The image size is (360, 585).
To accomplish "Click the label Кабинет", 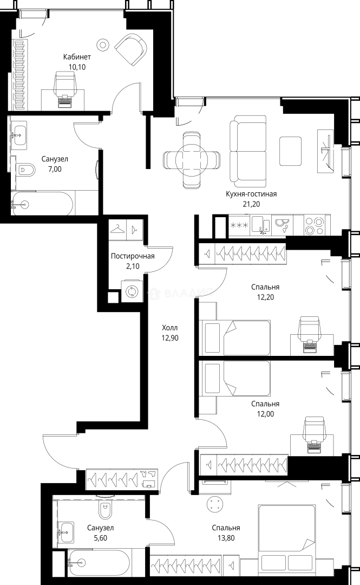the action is point(77,57).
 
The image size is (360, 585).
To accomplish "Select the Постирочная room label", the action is point(133,256).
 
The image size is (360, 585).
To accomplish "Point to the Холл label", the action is point(170,328).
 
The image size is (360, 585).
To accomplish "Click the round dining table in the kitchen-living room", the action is point(192,159).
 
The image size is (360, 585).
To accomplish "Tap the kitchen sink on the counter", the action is point(261,225).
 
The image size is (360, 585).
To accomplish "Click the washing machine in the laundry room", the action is point(132,291).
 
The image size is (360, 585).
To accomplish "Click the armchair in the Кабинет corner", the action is point(130,49).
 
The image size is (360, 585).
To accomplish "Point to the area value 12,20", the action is point(265,297).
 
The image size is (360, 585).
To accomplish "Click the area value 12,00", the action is point(265,414).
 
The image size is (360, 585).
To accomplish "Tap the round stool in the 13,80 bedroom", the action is point(215,504).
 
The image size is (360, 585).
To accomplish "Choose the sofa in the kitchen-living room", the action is point(248,152).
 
